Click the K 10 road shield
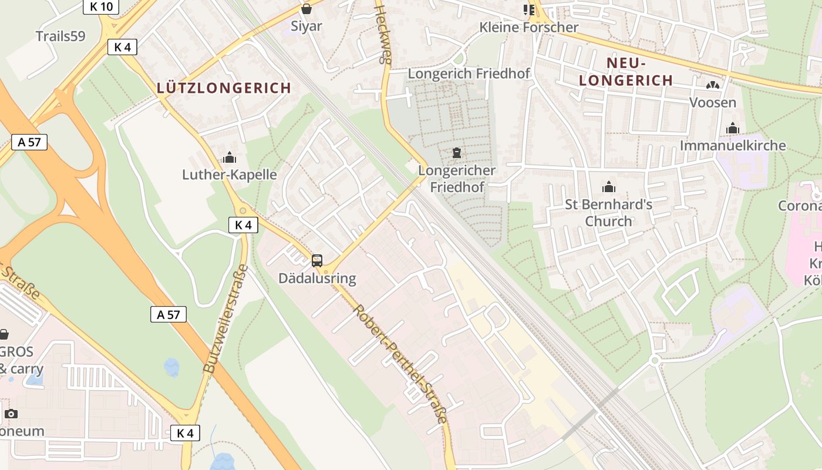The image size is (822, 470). tap(101, 6)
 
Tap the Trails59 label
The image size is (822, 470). tap(60, 36)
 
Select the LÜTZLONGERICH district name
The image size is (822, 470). tap(224, 88)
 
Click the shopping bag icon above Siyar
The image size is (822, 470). tap(306, 9)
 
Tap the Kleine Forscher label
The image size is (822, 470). tap(528, 27)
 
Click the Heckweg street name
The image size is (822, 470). tap(383, 34)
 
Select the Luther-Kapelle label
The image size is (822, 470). tap(229, 174)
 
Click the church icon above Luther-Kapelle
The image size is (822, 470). tap(229, 157)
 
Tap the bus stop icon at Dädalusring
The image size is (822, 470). tap(317, 260)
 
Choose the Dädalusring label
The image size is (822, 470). tap(317, 278)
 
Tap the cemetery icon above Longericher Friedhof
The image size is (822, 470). tap(457, 153)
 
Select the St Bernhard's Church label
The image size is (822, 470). tap(609, 213)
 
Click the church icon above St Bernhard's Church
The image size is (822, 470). tap(609, 187)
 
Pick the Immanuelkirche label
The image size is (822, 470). tap(733, 145)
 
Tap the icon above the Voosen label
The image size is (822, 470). tap(713, 85)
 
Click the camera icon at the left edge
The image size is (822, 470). tap(11, 414)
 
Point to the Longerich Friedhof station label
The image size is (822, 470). tap(469, 74)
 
